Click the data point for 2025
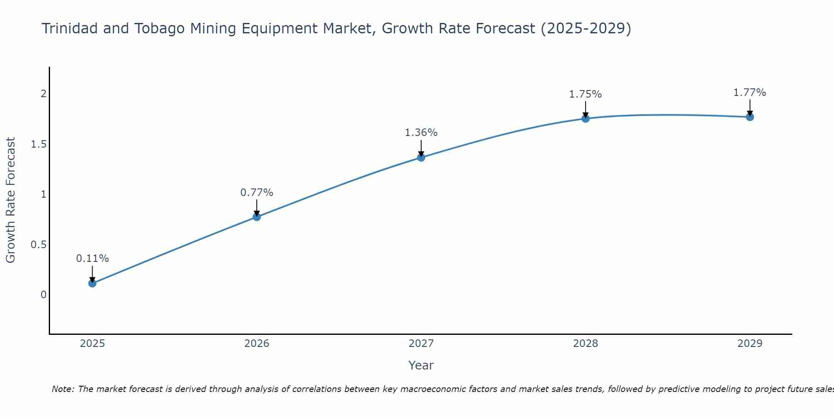tap(92, 283)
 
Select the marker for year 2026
tap(256, 217)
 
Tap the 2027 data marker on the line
tap(421, 157)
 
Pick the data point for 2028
tap(585, 118)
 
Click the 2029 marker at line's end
tap(750, 117)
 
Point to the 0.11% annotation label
tap(92, 259)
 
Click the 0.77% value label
tap(256, 193)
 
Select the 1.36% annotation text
tap(421, 133)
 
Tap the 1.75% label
tap(585, 94)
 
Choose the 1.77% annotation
tap(750, 93)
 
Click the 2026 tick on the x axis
tap(256, 344)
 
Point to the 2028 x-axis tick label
tap(585, 344)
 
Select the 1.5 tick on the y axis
tap(38, 144)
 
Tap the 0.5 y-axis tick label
tap(38, 245)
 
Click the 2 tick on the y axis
tap(43, 94)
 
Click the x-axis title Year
tap(421, 365)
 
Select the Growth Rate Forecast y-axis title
tap(10, 200)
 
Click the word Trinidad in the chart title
tap(69, 28)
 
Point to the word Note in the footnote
tap(63, 389)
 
